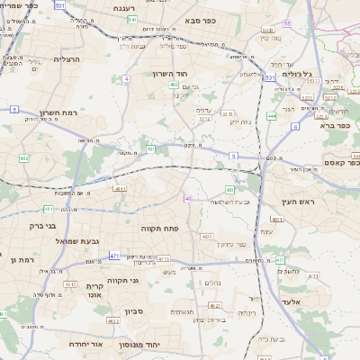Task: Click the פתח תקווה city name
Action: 162,229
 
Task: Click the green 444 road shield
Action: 272,115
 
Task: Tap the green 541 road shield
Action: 131,19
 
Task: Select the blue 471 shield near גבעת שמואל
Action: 114,256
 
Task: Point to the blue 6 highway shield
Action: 295,127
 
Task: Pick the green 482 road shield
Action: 24,158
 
